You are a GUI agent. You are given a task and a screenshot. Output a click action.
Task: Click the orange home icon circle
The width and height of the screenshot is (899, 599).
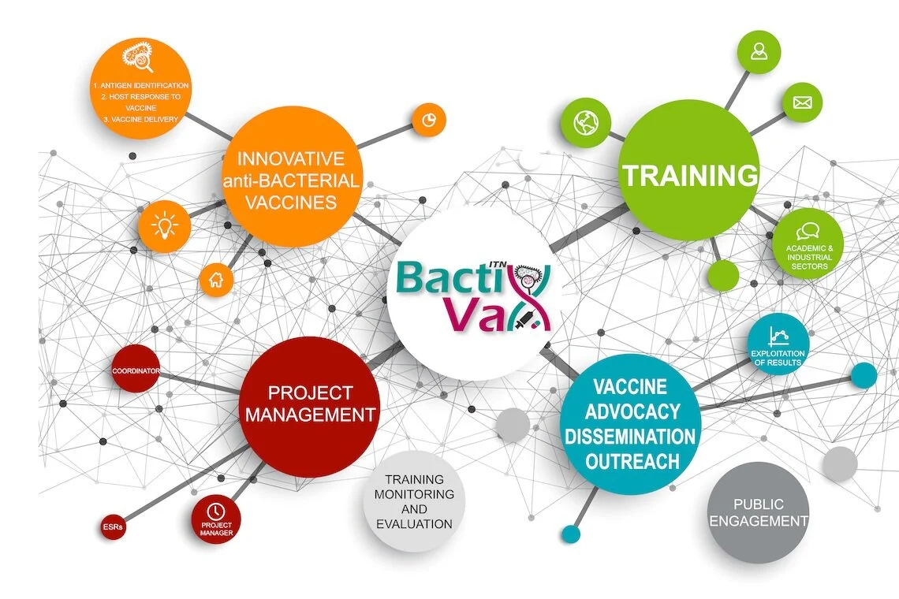pyautogui.click(x=215, y=278)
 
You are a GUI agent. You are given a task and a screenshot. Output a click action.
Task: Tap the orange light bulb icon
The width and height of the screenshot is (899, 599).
pyautogui.click(x=164, y=226)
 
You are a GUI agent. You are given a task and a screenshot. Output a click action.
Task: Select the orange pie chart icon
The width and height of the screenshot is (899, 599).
pyautogui.click(x=428, y=120)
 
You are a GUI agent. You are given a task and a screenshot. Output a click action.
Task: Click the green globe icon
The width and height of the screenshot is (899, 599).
pyautogui.click(x=586, y=122)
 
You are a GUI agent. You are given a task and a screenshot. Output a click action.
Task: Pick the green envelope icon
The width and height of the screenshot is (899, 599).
pyautogui.click(x=802, y=102)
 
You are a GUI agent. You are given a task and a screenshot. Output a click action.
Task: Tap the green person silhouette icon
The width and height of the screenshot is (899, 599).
pyautogui.click(x=759, y=52)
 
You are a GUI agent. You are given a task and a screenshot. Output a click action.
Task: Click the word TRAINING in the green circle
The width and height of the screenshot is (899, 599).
pyautogui.click(x=690, y=175)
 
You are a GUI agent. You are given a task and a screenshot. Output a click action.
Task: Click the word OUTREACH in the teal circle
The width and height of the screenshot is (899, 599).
pyautogui.click(x=631, y=461)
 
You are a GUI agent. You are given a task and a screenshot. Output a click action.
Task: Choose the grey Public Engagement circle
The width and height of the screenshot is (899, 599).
pyautogui.click(x=758, y=512)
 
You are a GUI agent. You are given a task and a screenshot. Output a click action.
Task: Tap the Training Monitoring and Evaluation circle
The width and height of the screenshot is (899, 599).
pyautogui.click(x=414, y=501)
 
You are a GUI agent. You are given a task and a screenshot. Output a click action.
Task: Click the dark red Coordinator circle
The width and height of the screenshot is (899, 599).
pyautogui.click(x=136, y=369)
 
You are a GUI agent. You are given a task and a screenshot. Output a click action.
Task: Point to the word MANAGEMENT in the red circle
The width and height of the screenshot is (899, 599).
pyautogui.click(x=310, y=414)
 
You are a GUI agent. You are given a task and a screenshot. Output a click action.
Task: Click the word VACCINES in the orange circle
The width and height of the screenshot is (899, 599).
pyautogui.click(x=291, y=203)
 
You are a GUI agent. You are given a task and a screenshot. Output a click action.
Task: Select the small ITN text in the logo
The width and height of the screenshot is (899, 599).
pyautogui.click(x=497, y=266)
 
